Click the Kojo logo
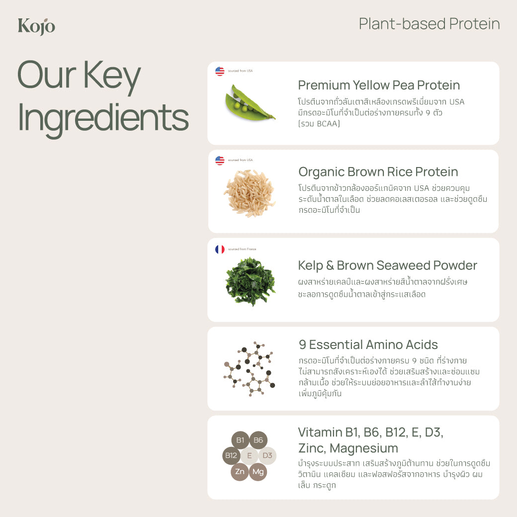point(36,26)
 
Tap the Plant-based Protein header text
point(429,24)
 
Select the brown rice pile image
point(249,193)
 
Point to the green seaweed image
point(250,281)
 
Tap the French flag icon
point(220,249)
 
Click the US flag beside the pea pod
point(220,71)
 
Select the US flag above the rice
point(220,160)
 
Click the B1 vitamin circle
point(240,440)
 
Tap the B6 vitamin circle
point(258,440)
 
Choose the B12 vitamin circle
point(231,455)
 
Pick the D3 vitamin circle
point(267,455)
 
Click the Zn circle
point(240,471)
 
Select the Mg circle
point(258,471)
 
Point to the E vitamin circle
point(249,455)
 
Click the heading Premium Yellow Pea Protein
point(379,85)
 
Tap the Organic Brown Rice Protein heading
point(378,172)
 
